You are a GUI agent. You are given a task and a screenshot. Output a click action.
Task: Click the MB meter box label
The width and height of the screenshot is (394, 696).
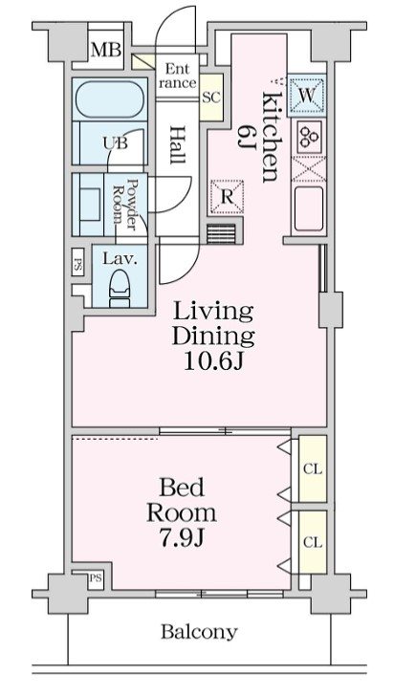tap(106, 50)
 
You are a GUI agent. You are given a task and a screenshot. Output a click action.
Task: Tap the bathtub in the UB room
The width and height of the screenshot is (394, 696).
tap(110, 100)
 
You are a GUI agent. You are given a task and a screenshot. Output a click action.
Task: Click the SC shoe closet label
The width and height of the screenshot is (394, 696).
tap(211, 98)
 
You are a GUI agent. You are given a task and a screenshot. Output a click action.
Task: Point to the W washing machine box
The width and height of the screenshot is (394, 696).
tap(306, 96)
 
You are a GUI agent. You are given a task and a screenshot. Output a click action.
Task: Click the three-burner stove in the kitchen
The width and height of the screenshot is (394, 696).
tap(308, 137)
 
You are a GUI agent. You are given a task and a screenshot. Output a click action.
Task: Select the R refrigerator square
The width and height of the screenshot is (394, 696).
tap(227, 197)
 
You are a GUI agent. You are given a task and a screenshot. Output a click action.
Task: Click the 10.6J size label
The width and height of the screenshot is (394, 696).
tap(213, 362)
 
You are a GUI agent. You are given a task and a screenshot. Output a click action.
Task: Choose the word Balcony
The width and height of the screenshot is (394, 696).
tap(199, 631)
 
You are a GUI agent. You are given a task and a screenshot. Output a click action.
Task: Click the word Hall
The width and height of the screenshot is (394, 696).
tap(178, 145)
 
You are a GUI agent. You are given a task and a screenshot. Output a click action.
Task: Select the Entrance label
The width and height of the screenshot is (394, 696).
tap(177, 76)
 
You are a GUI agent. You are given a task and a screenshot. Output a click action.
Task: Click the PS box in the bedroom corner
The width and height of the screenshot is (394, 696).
tap(96, 579)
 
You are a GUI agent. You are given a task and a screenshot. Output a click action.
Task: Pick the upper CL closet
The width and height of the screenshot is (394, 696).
tap(313, 468)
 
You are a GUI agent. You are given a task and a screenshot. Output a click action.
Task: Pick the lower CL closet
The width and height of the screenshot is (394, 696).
tap(313, 541)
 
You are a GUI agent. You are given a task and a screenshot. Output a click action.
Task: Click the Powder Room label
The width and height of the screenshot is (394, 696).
tap(125, 204)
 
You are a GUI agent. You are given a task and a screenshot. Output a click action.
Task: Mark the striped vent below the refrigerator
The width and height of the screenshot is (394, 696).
tap(221, 233)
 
